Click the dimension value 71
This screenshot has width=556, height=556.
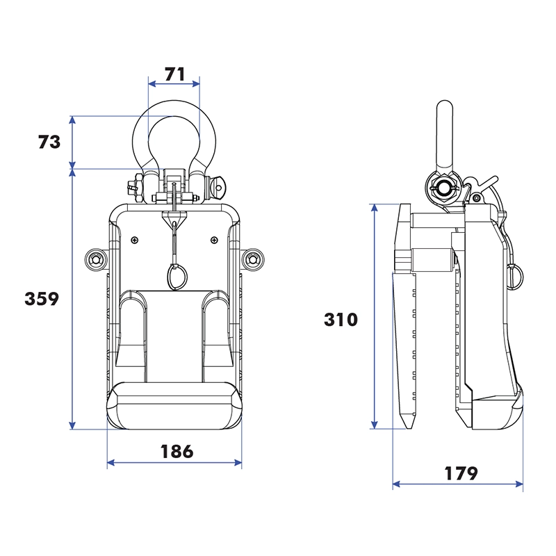(x=174, y=73)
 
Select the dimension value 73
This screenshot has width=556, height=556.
(x=49, y=142)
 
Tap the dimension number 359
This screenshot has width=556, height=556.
(x=42, y=299)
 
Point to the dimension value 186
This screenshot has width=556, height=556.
(x=177, y=451)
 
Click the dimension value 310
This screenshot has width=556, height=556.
(x=341, y=320)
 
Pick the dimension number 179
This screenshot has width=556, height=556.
(x=461, y=473)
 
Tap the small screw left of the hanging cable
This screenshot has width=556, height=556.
(x=133, y=240)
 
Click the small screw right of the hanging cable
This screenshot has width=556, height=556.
(x=213, y=240)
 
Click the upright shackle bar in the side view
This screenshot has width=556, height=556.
(x=443, y=136)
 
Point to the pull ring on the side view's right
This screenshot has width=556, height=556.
(x=516, y=275)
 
